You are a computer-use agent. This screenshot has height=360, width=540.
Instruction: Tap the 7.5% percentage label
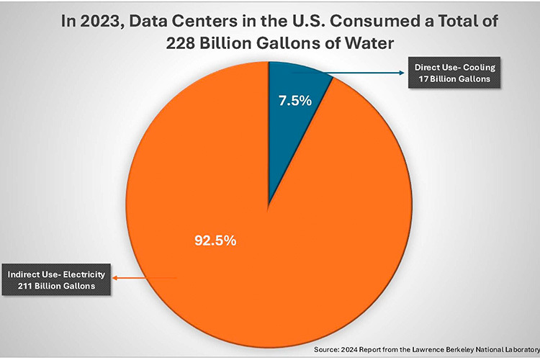(x=295, y=101)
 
